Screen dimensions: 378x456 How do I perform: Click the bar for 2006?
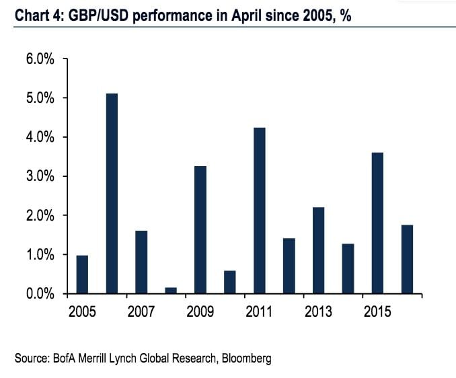coord(112,194)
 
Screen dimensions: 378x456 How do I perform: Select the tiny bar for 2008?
coord(171,291)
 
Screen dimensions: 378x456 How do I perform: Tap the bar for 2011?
coord(260,211)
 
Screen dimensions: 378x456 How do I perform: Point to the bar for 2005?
coord(82,274)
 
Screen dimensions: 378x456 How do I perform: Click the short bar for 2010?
coord(230,282)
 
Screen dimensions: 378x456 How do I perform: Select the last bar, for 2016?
coord(407,260)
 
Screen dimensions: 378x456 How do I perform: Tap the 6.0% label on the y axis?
coord(40,59)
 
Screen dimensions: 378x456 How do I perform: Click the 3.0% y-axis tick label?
coord(40,176)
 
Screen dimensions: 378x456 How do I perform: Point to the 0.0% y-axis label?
coord(40,294)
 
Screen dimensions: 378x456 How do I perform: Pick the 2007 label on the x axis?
coord(141,312)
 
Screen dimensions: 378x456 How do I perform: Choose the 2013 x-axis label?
coord(318,312)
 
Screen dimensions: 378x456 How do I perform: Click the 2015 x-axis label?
coord(377,312)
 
